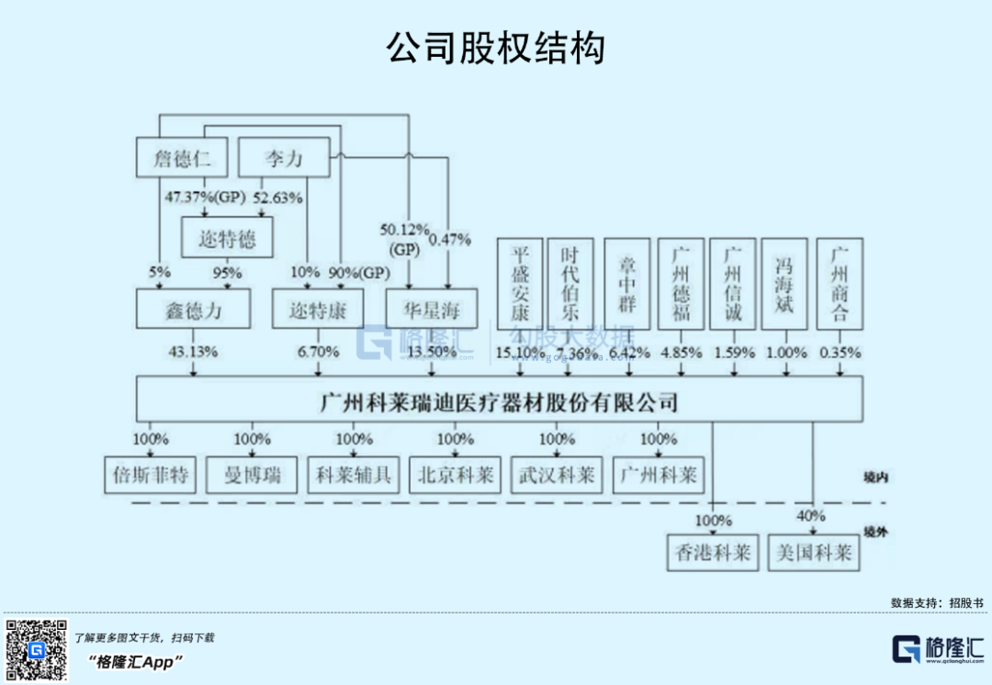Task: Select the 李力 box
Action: pos(283,158)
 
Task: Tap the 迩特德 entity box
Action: pos(227,240)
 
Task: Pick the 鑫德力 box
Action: pos(193,309)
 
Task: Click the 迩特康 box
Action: pos(318,309)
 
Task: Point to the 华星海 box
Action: pos(431,309)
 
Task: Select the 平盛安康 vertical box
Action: pos(519,284)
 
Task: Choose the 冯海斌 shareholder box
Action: pos(784,284)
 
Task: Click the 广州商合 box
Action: pos(839,284)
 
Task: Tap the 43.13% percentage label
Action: pos(193,352)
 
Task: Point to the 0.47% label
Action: pos(450,240)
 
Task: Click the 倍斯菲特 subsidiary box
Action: pos(150,475)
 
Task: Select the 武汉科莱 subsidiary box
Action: pos(557,475)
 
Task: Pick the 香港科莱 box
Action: pos(714,552)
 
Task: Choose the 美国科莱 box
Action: pos(814,552)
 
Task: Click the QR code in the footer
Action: pos(37,650)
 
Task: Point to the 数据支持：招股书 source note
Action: pos(936,603)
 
